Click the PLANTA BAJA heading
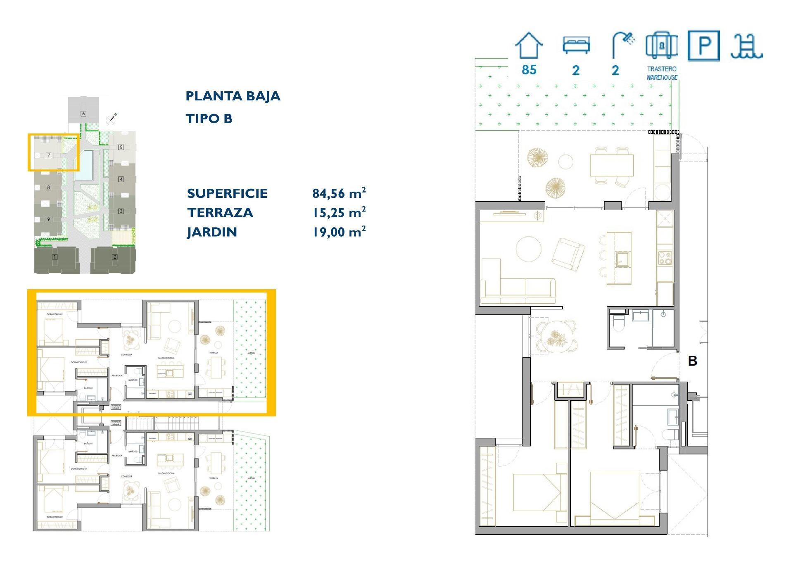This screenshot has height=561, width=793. (x=233, y=96)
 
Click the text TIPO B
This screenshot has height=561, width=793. (x=209, y=119)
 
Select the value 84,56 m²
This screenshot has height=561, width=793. (x=339, y=193)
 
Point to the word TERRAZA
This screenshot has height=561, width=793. (x=220, y=213)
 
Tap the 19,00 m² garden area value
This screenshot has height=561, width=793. (x=339, y=232)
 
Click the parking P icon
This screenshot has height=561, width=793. (x=703, y=45)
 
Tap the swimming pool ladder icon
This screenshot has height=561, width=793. (x=746, y=46)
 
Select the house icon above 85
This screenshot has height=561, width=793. (x=529, y=45)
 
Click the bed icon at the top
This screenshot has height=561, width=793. (x=576, y=45)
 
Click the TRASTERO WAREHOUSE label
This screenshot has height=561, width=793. (x=662, y=73)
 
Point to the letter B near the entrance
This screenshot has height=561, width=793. (x=692, y=361)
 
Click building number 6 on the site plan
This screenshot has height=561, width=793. (x=83, y=113)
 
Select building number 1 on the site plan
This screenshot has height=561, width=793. (x=55, y=257)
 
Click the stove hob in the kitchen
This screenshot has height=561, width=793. (x=665, y=258)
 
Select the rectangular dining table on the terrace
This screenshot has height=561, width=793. (x=612, y=165)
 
